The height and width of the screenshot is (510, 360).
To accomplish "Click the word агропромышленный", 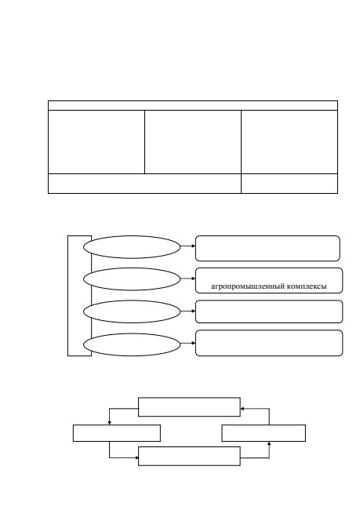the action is click(x=248, y=286).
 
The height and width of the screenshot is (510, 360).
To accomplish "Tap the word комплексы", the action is click(x=307, y=286).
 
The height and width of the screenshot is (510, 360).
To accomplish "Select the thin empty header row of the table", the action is click(x=193, y=105).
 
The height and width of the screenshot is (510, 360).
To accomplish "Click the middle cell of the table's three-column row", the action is click(x=193, y=142).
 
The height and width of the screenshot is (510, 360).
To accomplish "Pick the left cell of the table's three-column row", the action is click(x=96, y=142).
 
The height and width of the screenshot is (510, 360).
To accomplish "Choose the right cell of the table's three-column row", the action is click(x=289, y=142).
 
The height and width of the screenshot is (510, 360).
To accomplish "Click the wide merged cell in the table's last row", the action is click(x=145, y=184).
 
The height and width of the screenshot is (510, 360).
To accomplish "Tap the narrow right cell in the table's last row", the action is click(x=289, y=184).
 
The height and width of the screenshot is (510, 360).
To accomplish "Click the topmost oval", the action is click(x=132, y=247).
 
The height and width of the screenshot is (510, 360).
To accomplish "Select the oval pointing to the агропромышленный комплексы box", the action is click(x=132, y=279).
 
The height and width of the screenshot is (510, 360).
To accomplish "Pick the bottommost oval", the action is click(x=132, y=344).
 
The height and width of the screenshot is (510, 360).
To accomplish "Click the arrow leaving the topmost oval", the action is click(x=188, y=246).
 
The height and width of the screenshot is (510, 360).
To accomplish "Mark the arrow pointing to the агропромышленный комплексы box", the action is click(x=188, y=279).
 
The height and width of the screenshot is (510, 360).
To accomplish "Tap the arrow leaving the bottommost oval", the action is click(x=188, y=343).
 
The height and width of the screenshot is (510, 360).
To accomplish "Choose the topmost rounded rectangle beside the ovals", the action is click(x=267, y=249).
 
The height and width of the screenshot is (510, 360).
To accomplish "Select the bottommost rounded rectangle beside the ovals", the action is click(x=269, y=343).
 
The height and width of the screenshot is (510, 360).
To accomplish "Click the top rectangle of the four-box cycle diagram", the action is click(x=189, y=407).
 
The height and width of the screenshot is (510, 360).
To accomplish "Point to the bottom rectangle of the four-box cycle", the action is click(x=189, y=456).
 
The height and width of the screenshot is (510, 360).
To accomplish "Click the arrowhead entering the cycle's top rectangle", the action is click(x=242, y=409).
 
